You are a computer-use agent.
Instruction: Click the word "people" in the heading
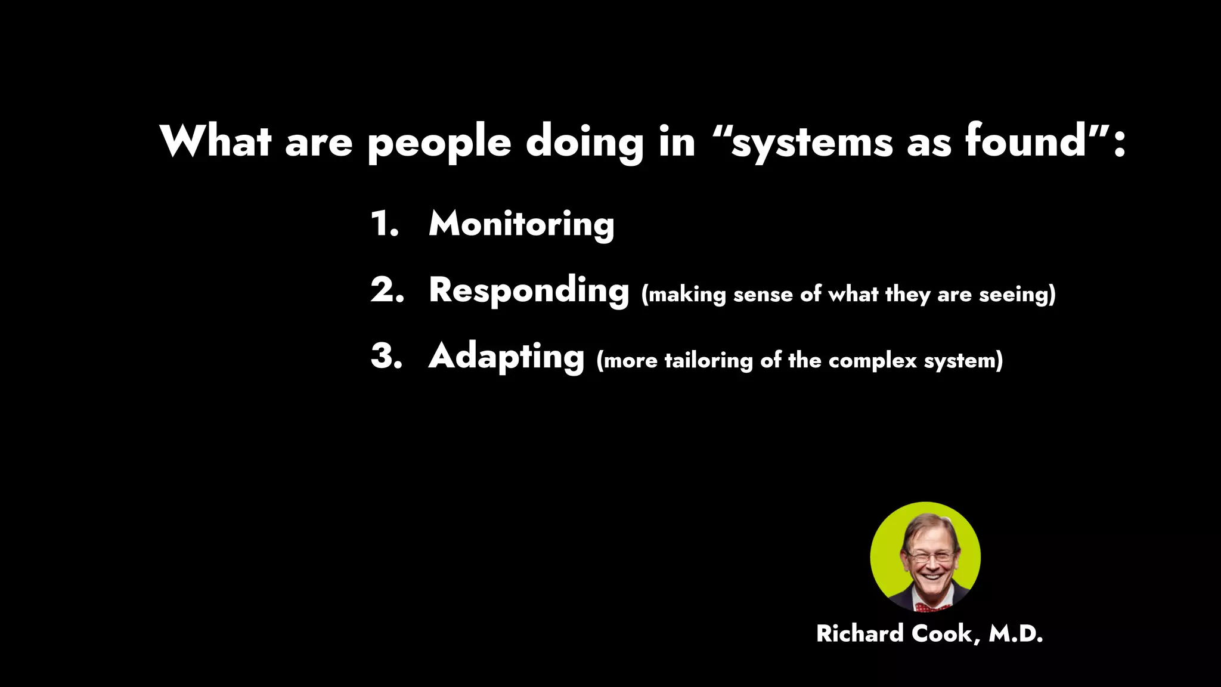coord(439,143)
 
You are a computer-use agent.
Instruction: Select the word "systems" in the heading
coord(811,143)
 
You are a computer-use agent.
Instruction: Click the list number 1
coord(384,224)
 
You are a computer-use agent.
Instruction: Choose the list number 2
coord(387,290)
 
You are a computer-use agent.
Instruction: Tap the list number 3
coord(386,356)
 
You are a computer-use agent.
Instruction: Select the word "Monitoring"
coord(521,225)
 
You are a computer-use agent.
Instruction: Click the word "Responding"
coord(529,291)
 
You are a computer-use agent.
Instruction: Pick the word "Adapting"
coord(506,357)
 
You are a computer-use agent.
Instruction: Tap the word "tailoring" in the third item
coord(708,361)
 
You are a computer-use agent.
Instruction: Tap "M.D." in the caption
coord(1015,634)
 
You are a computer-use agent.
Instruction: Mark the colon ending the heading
coord(1119,143)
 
